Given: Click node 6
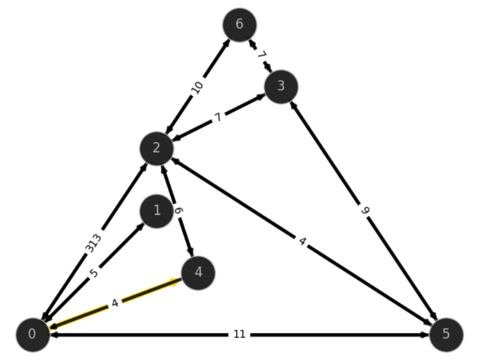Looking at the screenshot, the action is click(x=239, y=25).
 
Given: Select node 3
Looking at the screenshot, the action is click(x=281, y=87).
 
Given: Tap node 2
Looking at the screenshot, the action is click(x=157, y=148).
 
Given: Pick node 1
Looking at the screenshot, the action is click(x=157, y=211).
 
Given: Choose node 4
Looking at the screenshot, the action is click(x=198, y=273).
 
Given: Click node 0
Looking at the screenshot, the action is click(x=33, y=335).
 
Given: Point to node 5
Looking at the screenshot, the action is click(x=446, y=335).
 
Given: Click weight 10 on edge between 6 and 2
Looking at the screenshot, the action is click(x=197, y=88).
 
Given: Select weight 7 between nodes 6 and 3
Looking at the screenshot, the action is click(x=262, y=56).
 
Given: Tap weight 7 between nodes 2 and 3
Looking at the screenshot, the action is click(x=218, y=117).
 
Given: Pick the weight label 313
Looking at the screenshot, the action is click(x=93, y=244).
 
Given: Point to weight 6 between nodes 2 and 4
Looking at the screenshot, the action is click(x=179, y=210).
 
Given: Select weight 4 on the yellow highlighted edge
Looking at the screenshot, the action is click(x=115, y=304).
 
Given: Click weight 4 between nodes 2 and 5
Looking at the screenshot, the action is click(x=302, y=242).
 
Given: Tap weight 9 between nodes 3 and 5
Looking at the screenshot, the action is click(x=365, y=210).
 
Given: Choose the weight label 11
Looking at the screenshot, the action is click(x=239, y=334).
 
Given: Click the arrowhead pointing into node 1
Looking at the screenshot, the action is click(x=140, y=227).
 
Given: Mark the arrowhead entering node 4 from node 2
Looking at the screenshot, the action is click(x=191, y=252).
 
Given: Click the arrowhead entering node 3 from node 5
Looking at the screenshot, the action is click(x=293, y=105).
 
